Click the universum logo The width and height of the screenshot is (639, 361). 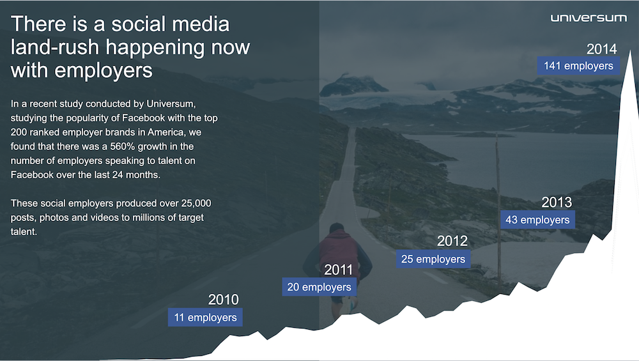[x=589, y=17]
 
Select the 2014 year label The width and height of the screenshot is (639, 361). [x=601, y=49]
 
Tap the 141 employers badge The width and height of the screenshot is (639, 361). [x=578, y=66]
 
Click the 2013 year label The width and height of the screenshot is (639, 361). [x=557, y=202]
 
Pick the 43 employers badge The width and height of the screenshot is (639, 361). [x=537, y=220]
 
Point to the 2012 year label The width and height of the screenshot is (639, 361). [x=452, y=242]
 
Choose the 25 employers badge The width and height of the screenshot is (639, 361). [x=433, y=259]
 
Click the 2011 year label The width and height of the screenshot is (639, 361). [x=338, y=270]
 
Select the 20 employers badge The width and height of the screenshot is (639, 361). [x=319, y=287]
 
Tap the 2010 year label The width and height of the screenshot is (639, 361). [x=223, y=300]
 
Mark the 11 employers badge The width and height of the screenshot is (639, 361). [x=205, y=318]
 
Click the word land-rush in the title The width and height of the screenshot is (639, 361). [x=54, y=47]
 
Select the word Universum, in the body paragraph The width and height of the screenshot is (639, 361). [x=171, y=104]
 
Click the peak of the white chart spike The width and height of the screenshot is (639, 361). [x=631, y=51]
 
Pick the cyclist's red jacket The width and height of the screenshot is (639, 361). [x=339, y=250]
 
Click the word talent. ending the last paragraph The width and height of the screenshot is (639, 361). [x=24, y=232]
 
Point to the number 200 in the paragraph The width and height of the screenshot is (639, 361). [x=18, y=132]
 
